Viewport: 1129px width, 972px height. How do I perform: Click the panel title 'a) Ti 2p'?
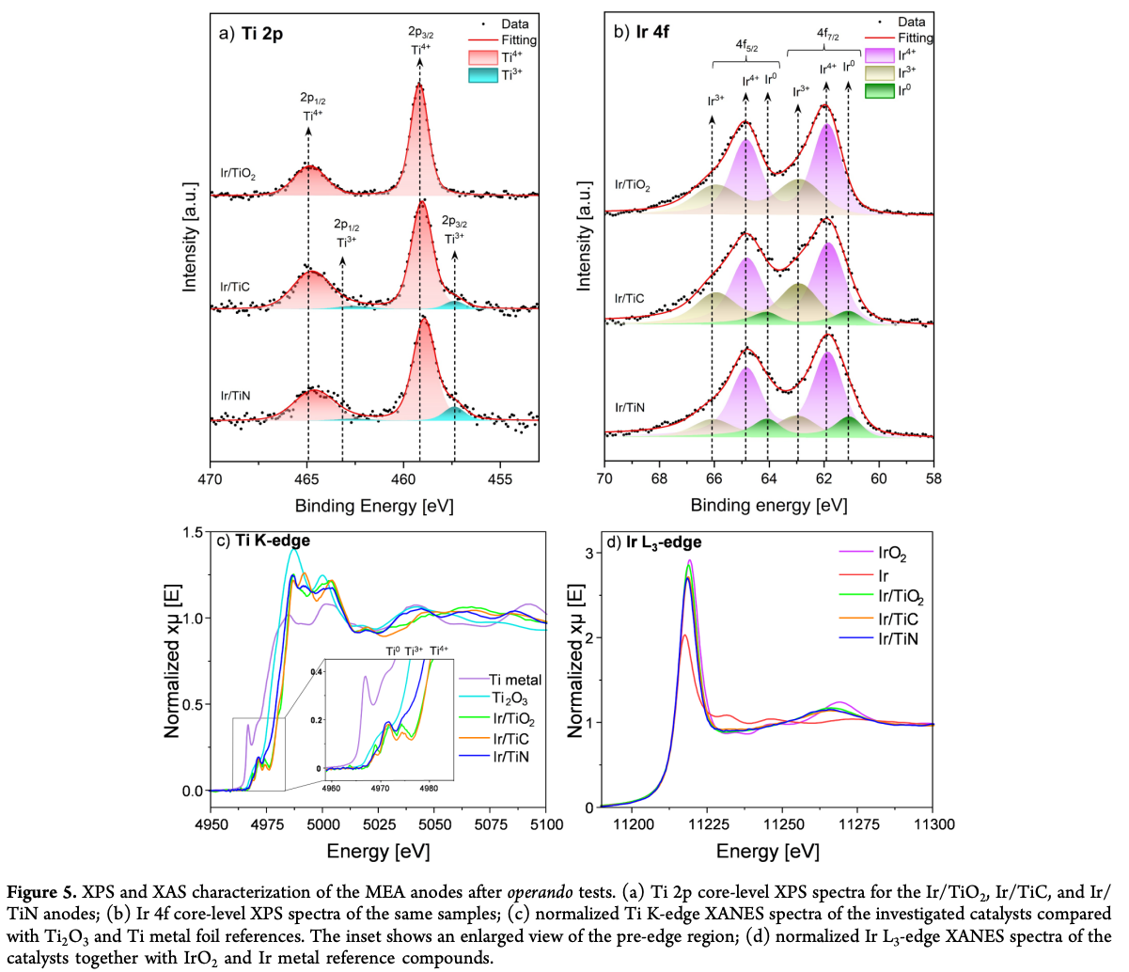[251, 34]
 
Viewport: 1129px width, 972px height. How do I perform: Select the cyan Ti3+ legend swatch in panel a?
[483, 75]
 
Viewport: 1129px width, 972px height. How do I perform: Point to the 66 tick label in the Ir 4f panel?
[713, 478]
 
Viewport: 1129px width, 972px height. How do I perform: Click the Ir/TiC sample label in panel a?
[235, 287]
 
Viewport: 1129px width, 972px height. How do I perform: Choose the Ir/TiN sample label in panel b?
[630, 407]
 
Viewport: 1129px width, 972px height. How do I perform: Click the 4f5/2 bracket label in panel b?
[746, 45]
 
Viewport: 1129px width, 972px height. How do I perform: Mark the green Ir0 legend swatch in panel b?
[879, 90]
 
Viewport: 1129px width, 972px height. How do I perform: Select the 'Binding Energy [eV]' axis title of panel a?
[374, 506]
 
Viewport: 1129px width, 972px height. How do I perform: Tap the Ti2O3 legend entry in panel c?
[510, 698]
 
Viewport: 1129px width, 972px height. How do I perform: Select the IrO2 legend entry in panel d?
[892, 555]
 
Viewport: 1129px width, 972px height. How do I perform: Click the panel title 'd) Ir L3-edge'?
[653, 542]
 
